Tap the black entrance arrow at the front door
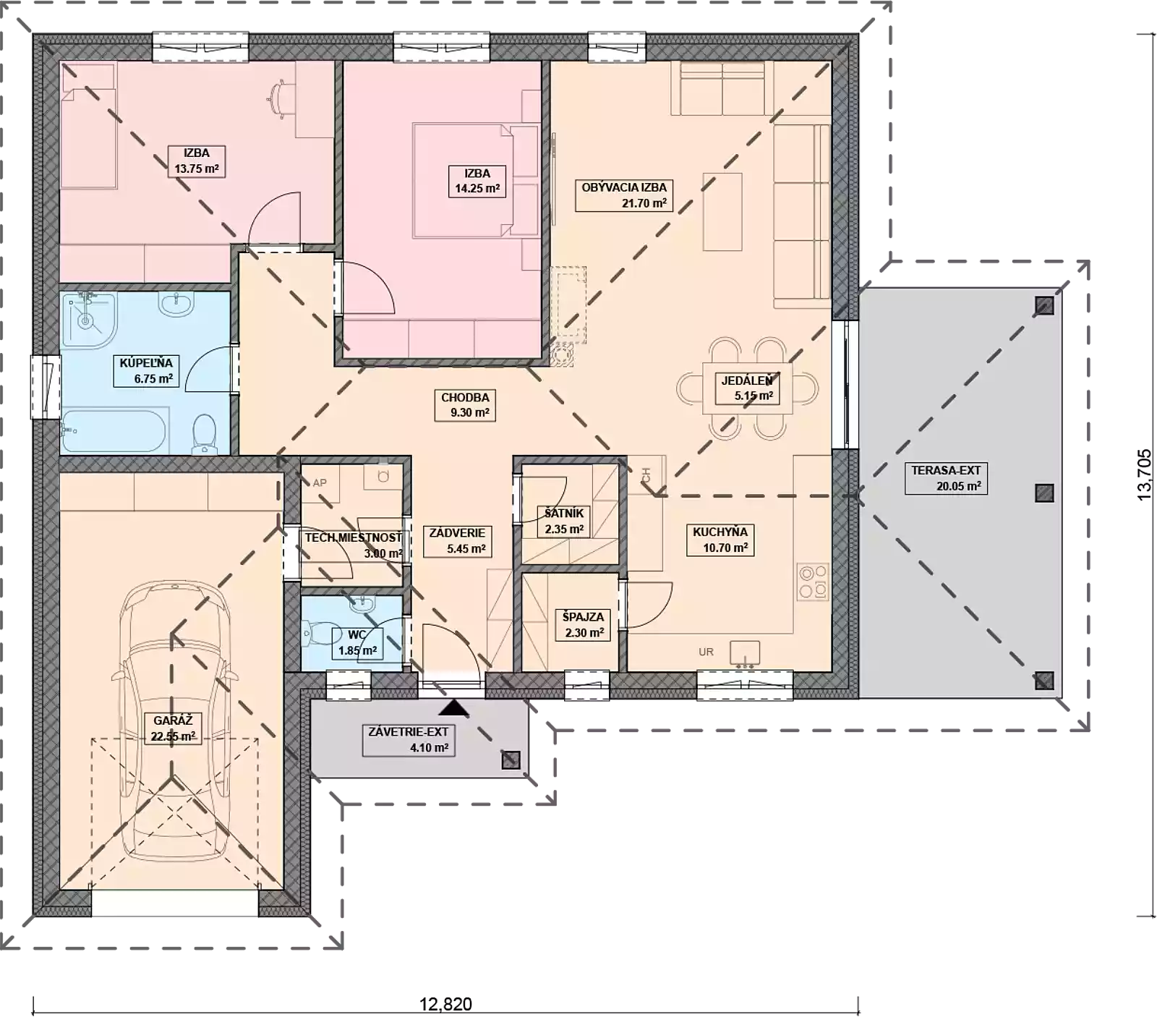coord(454,707)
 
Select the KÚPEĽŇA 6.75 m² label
coord(147,370)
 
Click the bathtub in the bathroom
coord(114,431)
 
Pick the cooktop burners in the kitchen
coord(813,582)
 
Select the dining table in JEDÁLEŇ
coord(747,388)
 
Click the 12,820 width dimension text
coord(445,1004)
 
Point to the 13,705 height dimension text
coord(1144,475)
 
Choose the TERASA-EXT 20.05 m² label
coord(946,478)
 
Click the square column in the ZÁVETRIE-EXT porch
coord(511,759)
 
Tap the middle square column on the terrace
coord(1043,493)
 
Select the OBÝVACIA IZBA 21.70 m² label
coord(624,195)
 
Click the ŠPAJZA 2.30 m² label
coord(584,625)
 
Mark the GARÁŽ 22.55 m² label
coord(173,728)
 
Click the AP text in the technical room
coord(320,483)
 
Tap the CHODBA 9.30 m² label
coord(465,405)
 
